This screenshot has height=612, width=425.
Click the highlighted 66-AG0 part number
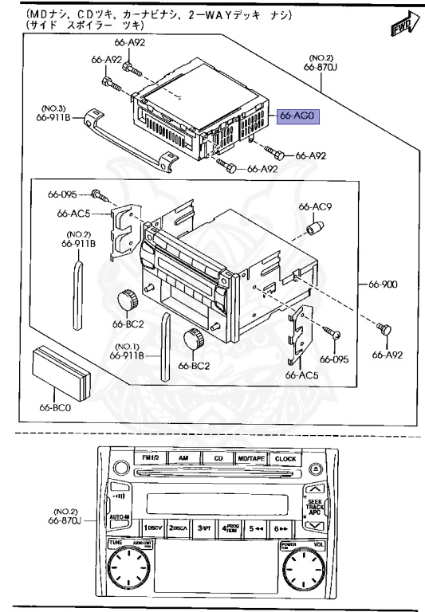(x=298, y=116)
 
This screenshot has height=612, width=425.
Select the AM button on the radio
(x=183, y=459)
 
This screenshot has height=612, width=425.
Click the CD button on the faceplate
(x=218, y=459)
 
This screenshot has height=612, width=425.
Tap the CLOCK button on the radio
(x=285, y=459)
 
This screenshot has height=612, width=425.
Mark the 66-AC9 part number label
(x=314, y=207)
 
